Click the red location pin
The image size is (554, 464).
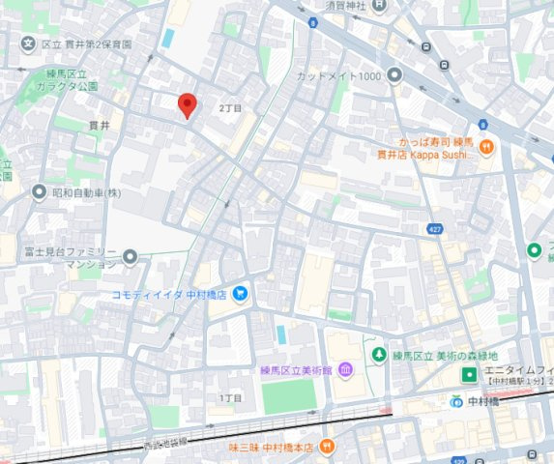coord(188,105)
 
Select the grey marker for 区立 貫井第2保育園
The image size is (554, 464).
coord(28,44)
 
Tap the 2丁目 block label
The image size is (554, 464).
coord(231,107)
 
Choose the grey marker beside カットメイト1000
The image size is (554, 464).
coord(394,74)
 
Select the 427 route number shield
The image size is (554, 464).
coord(436,228)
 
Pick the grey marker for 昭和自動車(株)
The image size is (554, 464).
coord(38,191)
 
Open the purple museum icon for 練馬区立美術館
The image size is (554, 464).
coord(345,370)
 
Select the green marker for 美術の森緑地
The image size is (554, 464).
coord(380,355)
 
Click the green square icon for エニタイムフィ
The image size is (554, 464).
coord(469,373)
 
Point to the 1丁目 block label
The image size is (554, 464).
coord(230,397)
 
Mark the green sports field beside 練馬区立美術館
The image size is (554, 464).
coord(290,396)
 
